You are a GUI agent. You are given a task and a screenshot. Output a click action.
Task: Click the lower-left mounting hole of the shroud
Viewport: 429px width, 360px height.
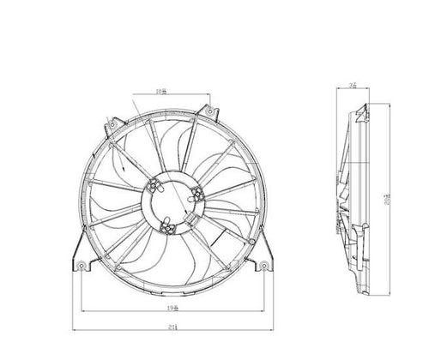tap(82, 266)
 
